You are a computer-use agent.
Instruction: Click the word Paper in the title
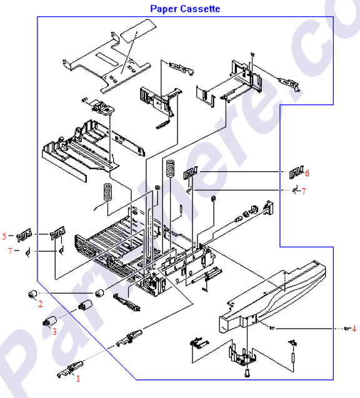tap(164, 9)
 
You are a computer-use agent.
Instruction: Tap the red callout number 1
tap(78, 378)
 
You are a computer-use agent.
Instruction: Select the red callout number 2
tap(40, 304)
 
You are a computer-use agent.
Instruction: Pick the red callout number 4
tap(353, 328)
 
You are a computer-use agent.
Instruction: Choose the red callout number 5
tap(4, 236)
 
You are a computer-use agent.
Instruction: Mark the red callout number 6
tap(307, 173)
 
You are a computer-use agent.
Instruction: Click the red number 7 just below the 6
tap(304, 192)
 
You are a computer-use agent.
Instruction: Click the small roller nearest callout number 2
tap(30, 294)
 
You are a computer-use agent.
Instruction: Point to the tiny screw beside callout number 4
tap(344, 329)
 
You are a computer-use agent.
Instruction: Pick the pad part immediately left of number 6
tap(296, 172)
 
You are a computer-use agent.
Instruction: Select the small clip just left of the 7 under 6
tap(294, 191)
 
